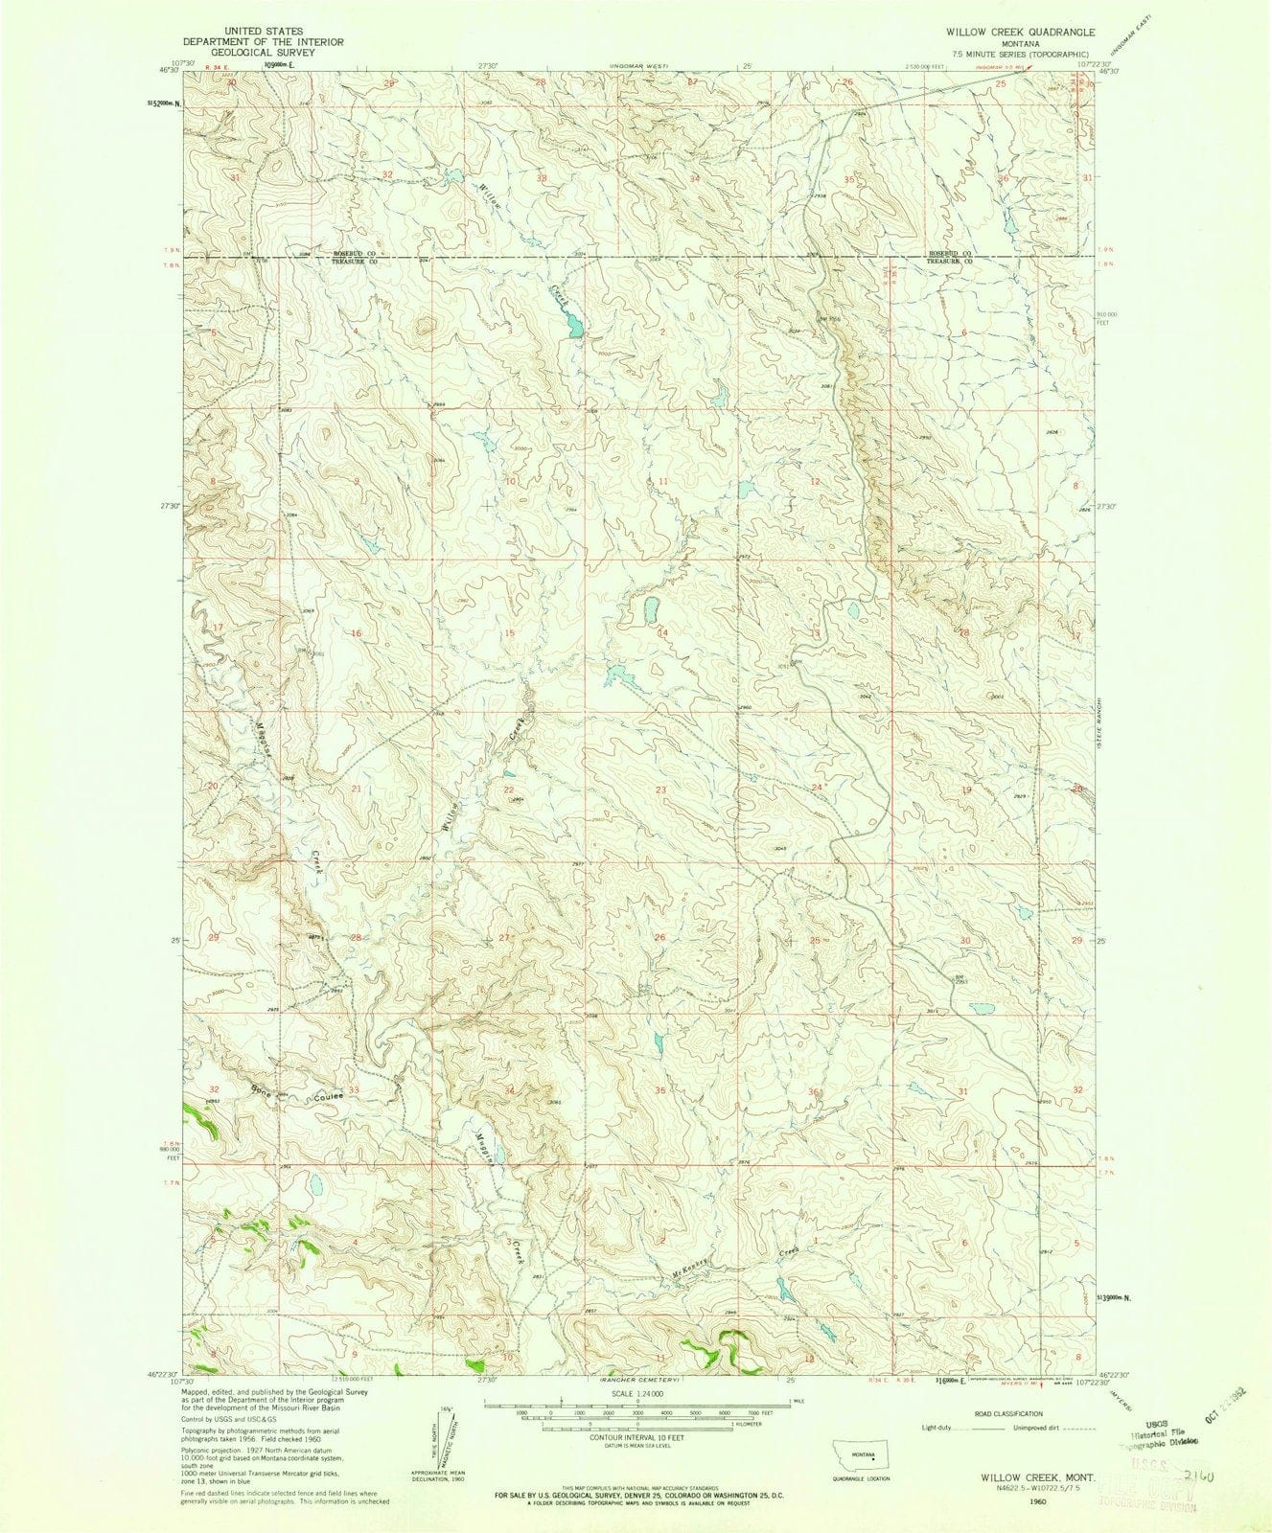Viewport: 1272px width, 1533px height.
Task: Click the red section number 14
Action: tap(661, 633)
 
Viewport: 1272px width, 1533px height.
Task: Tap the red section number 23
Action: tap(660, 789)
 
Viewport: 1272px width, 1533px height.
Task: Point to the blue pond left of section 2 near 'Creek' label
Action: tap(573, 328)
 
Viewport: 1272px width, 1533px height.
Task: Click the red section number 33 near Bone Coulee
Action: tap(354, 1091)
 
